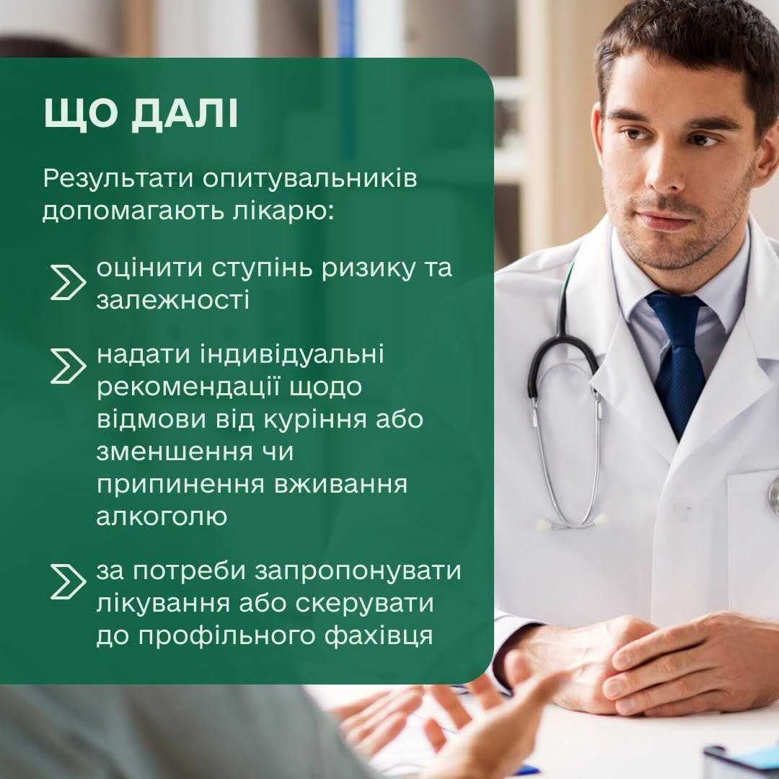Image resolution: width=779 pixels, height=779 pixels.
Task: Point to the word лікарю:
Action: click(x=283, y=211)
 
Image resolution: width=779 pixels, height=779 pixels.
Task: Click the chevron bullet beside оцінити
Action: click(x=68, y=282)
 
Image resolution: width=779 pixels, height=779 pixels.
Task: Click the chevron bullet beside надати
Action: click(x=68, y=366)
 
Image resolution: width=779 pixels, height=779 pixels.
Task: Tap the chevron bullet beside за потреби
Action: click(x=68, y=581)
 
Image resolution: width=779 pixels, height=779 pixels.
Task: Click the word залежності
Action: click(x=172, y=301)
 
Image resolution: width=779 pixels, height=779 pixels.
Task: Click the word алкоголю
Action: click(x=162, y=517)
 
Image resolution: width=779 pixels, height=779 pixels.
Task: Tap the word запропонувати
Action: click(x=358, y=572)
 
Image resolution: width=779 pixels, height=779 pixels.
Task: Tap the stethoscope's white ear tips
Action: click(x=572, y=523)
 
